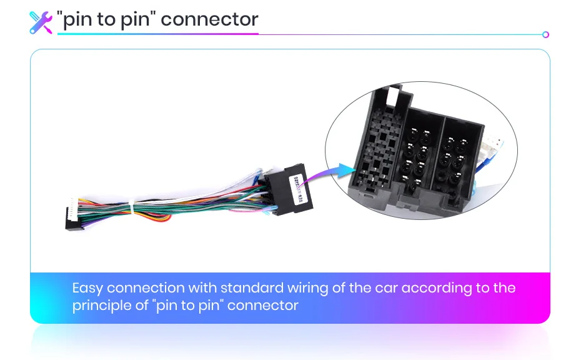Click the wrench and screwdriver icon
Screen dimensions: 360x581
tap(41, 22)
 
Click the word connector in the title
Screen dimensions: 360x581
tap(209, 19)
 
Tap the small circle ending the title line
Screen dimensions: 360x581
tap(545, 35)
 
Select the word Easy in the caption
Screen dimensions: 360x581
tap(87, 289)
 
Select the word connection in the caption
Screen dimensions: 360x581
tap(144, 288)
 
